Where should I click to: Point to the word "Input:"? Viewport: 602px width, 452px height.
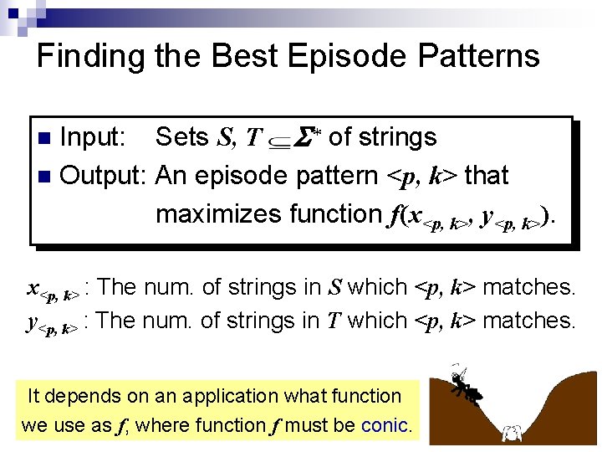[x=94, y=137]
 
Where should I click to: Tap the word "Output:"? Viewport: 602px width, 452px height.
[x=104, y=176]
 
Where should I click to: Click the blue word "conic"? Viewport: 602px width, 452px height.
[x=385, y=425]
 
